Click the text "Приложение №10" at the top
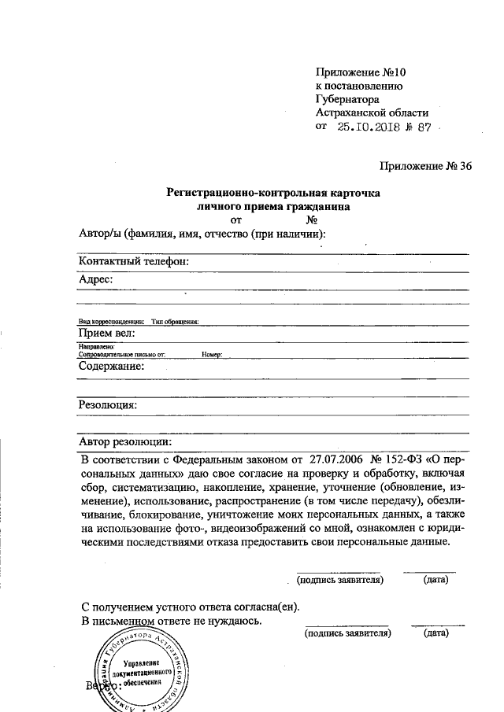click(x=359, y=72)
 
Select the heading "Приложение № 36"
click(x=424, y=165)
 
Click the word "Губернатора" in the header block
click(x=346, y=99)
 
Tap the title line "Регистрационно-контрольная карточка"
click(x=273, y=193)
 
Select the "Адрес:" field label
click(x=96, y=279)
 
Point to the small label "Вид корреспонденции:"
click(x=110, y=321)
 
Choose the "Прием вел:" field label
click(x=107, y=333)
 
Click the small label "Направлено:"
click(x=97, y=346)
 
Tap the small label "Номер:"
click(x=212, y=355)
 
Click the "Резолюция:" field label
click(x=108, y=405)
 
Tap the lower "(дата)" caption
click(x=435, y=632)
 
